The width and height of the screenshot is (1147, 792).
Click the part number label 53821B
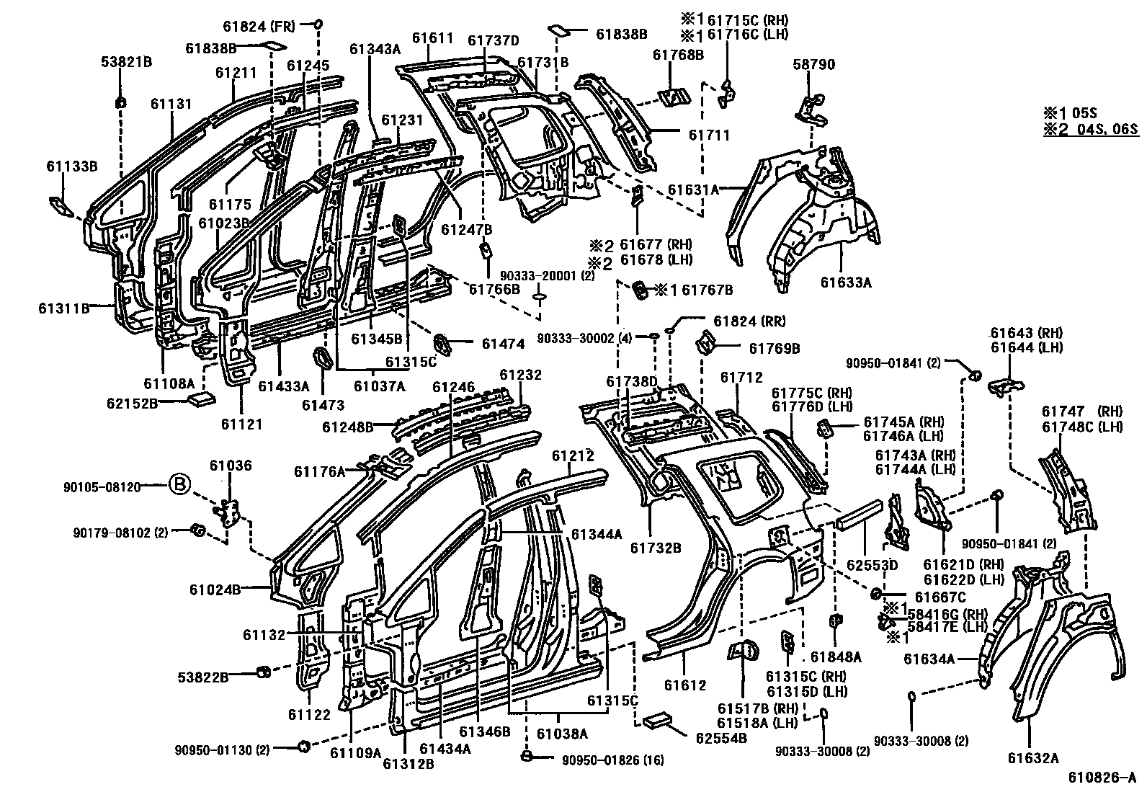click(126, 63)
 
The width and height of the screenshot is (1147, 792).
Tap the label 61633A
click(845, 282)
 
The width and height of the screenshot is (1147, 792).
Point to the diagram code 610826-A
click(1102, 778)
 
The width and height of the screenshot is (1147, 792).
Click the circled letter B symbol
click(179, 486)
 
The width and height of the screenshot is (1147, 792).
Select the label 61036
click(231, 466)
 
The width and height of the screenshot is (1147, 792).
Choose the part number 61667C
click(940, 597)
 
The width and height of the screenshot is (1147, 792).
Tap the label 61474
click(503, 344)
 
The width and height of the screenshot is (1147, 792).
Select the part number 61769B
click(774, 349)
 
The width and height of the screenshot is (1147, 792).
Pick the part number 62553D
click(872, 565)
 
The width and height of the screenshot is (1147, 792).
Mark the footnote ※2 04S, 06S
click(1089, 130)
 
